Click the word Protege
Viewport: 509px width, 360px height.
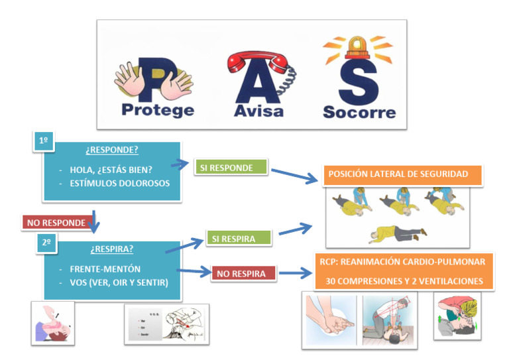[x=158, y=109]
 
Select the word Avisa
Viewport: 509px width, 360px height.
[x=258, y=109]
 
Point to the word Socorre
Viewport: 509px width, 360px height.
[x=359, y=111]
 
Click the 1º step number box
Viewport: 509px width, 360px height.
[x=44, y=141]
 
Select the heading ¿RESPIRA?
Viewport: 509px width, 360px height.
[x=111, y=249]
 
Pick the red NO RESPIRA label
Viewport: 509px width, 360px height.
[x=242, y=273]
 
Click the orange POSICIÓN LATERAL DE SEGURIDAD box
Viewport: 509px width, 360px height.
[x=398, y=174]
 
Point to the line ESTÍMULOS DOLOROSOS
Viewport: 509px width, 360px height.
[x=119, y=183]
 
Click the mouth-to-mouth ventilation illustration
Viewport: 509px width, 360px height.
[x=457, y=316]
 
